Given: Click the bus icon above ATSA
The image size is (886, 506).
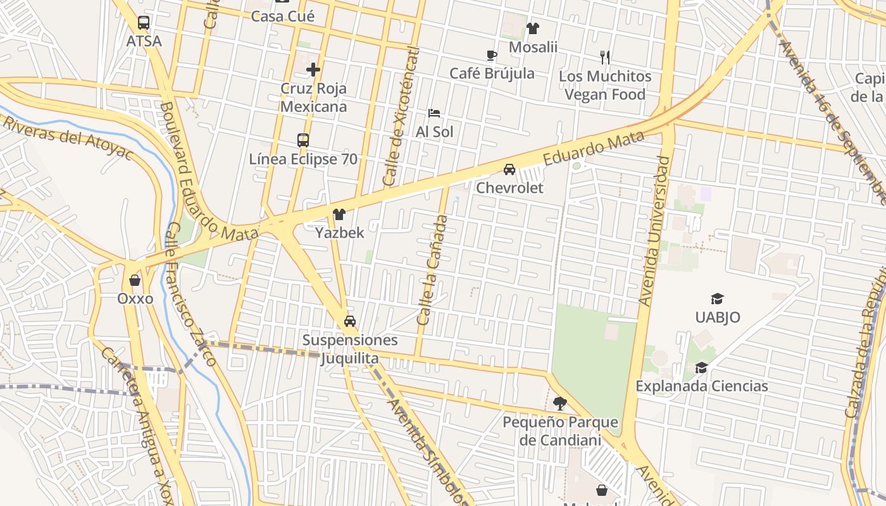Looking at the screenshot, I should (x=144, y=23).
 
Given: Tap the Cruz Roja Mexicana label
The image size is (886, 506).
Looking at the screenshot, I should (x=313, y=97).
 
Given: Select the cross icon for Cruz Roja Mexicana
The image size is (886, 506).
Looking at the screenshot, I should (x=313, y=69).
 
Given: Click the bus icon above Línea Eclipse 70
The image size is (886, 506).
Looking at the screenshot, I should (x=303, y=140).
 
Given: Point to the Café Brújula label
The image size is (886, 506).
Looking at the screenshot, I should (x=492, y=73).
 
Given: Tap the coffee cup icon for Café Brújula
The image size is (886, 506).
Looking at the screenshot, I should (x=492, y=55).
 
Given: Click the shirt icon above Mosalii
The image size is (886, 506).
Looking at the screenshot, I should (x=533, y=28).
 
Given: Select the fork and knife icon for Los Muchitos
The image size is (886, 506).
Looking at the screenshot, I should (x=605, y=58).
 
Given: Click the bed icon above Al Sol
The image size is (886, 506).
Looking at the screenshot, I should (x=434, y=113).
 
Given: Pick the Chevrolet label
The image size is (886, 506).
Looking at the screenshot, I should (x=509, y=188).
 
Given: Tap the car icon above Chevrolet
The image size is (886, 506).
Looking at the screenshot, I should (x=509, y=170).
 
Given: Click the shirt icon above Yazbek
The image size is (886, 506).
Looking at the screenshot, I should (x=339, y=214).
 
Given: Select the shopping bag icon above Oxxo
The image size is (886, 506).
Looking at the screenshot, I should (x=135, y=280).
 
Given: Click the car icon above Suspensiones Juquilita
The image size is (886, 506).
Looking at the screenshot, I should (x=350, y=321).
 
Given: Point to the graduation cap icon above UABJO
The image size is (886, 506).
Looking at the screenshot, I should (x=717, y=299).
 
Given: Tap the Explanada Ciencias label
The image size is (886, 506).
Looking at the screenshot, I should (x=701, y=386).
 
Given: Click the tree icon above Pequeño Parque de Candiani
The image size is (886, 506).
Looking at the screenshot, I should (x=559, y=403).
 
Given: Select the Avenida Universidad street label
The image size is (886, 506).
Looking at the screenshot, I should (x=654, y=231).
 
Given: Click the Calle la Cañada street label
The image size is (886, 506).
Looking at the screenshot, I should (x=433, y=270).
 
